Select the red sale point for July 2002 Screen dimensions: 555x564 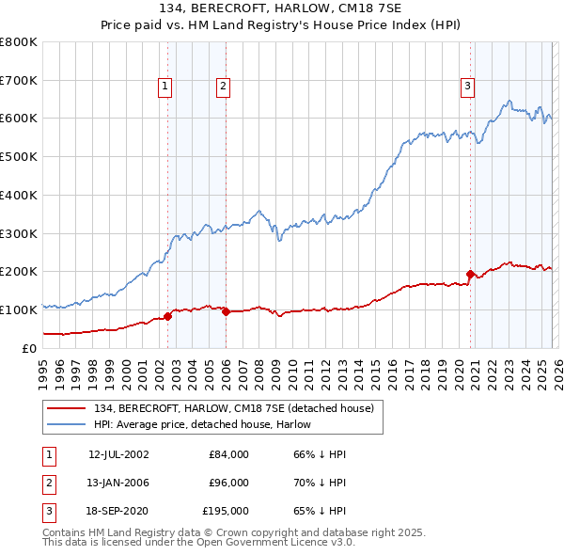pyautogui.click(x=167, y=316)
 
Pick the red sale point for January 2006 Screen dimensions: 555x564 pyautogui.click(x=226, y=311)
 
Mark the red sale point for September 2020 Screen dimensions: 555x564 pyautogui.click(x=470, y=274)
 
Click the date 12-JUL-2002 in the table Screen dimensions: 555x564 pyautogui.click(x=118, y=454)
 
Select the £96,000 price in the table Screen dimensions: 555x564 pyautogui.click(x=228, y=483)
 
